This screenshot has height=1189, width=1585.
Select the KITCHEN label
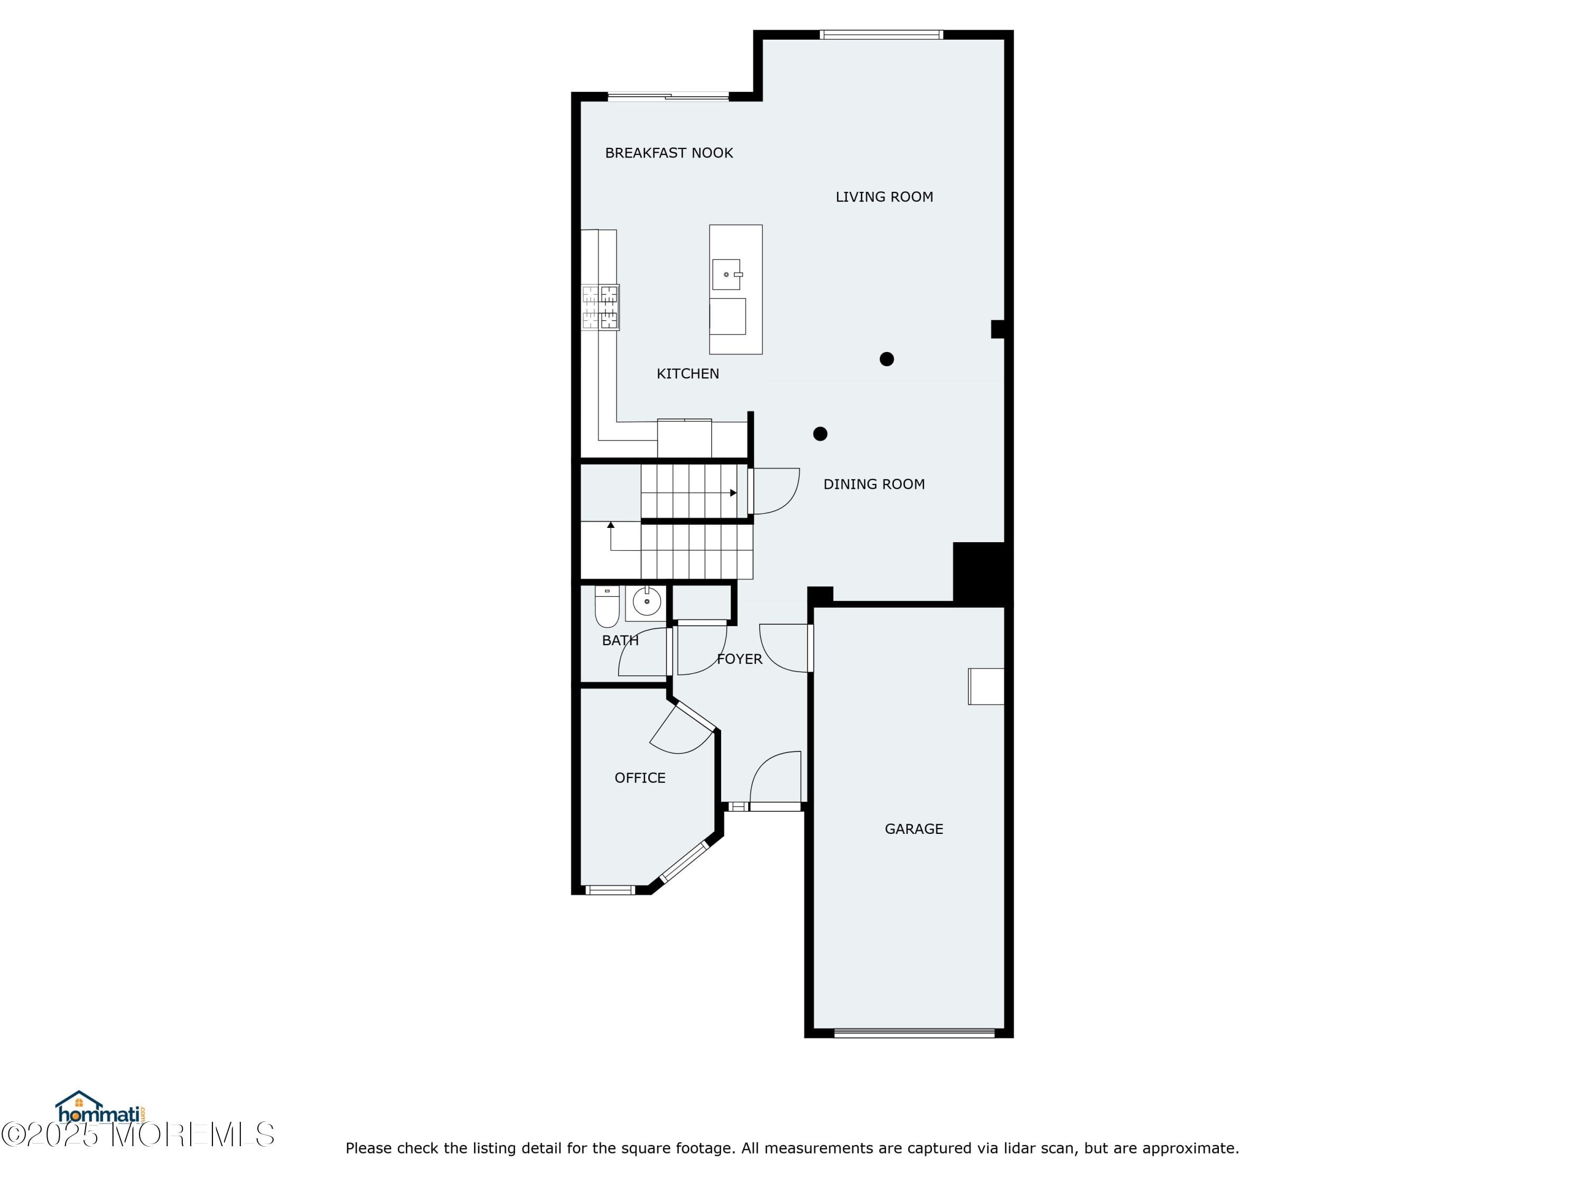(687, 374)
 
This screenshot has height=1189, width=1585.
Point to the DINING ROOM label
(873, 485)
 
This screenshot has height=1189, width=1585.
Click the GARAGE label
(913, 829)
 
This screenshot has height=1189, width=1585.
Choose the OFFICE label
(640, 778)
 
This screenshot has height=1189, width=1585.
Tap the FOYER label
(740, 659)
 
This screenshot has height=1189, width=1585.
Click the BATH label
(620, 640)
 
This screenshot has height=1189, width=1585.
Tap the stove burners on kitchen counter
(600, 308)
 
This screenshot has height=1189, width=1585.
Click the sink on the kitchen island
(726, 274)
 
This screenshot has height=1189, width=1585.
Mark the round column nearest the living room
(887, 359)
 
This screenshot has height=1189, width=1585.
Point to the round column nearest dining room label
(821, 434)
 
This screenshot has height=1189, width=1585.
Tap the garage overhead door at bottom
(915, 1034)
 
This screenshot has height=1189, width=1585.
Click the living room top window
(881, 34)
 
